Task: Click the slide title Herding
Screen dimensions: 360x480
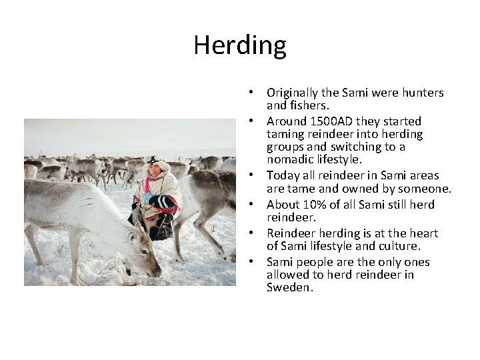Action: click(x=240, y=45)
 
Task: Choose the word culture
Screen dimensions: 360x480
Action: click(x=400, y=245)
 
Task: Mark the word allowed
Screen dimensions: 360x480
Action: click(x=287, y=275)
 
